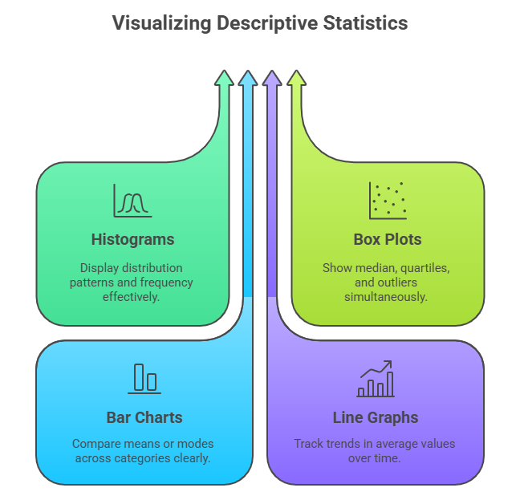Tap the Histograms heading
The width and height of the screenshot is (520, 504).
tap(132, 239)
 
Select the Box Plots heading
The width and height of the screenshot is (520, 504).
tap(388, 239)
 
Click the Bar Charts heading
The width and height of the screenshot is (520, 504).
tap(144, 417)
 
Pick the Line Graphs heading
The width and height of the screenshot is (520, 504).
tap(376, 417)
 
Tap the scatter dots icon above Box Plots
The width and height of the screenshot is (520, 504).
tap(387, 201)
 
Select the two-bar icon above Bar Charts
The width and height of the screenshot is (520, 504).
tap(144, 378)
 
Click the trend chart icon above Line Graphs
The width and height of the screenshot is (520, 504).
tap(376, 379)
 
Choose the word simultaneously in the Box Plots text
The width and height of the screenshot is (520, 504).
tap(388, 297)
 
